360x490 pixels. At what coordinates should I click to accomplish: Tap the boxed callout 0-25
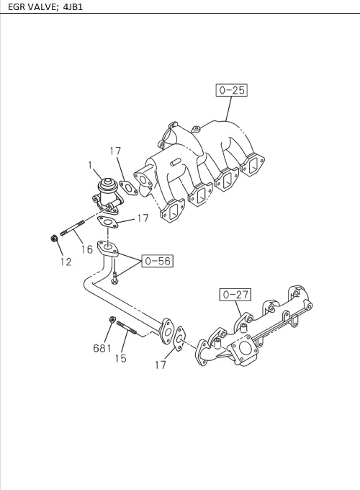230,90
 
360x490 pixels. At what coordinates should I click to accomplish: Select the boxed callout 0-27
235,294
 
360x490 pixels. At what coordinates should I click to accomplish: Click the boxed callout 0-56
157,261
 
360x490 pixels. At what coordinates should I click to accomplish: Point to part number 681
102,349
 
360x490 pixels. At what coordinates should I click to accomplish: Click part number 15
121,357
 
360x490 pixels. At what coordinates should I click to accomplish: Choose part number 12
66,262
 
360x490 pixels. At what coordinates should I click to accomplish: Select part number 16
87,249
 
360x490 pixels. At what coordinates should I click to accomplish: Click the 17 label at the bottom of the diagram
160,365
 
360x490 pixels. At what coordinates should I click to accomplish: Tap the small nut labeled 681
112,320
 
